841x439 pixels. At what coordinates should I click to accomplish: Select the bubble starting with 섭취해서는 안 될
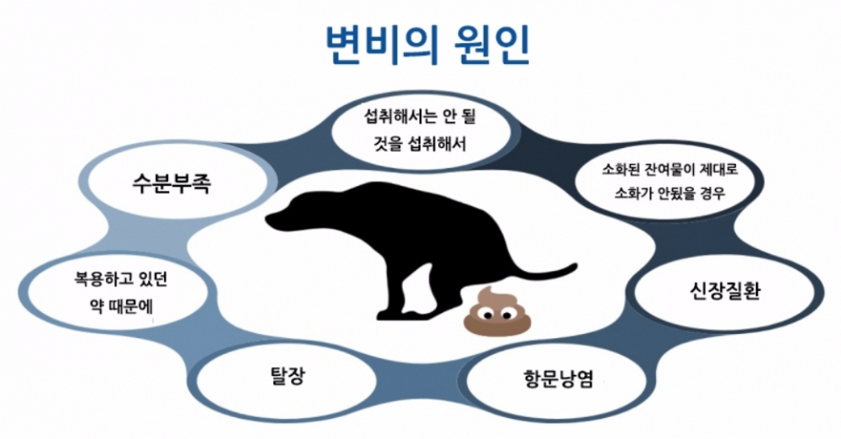[419, 129]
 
